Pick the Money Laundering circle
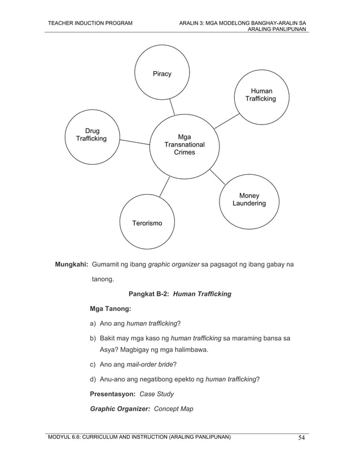249,199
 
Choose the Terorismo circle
147,223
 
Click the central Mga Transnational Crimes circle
184,144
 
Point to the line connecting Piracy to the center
171,106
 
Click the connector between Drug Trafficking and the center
134,141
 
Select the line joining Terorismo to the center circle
164,187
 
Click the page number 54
302,438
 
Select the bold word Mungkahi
71,264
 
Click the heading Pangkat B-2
149,294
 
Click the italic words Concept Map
173,408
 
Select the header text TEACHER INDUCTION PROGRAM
90,23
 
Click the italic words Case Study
156,394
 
